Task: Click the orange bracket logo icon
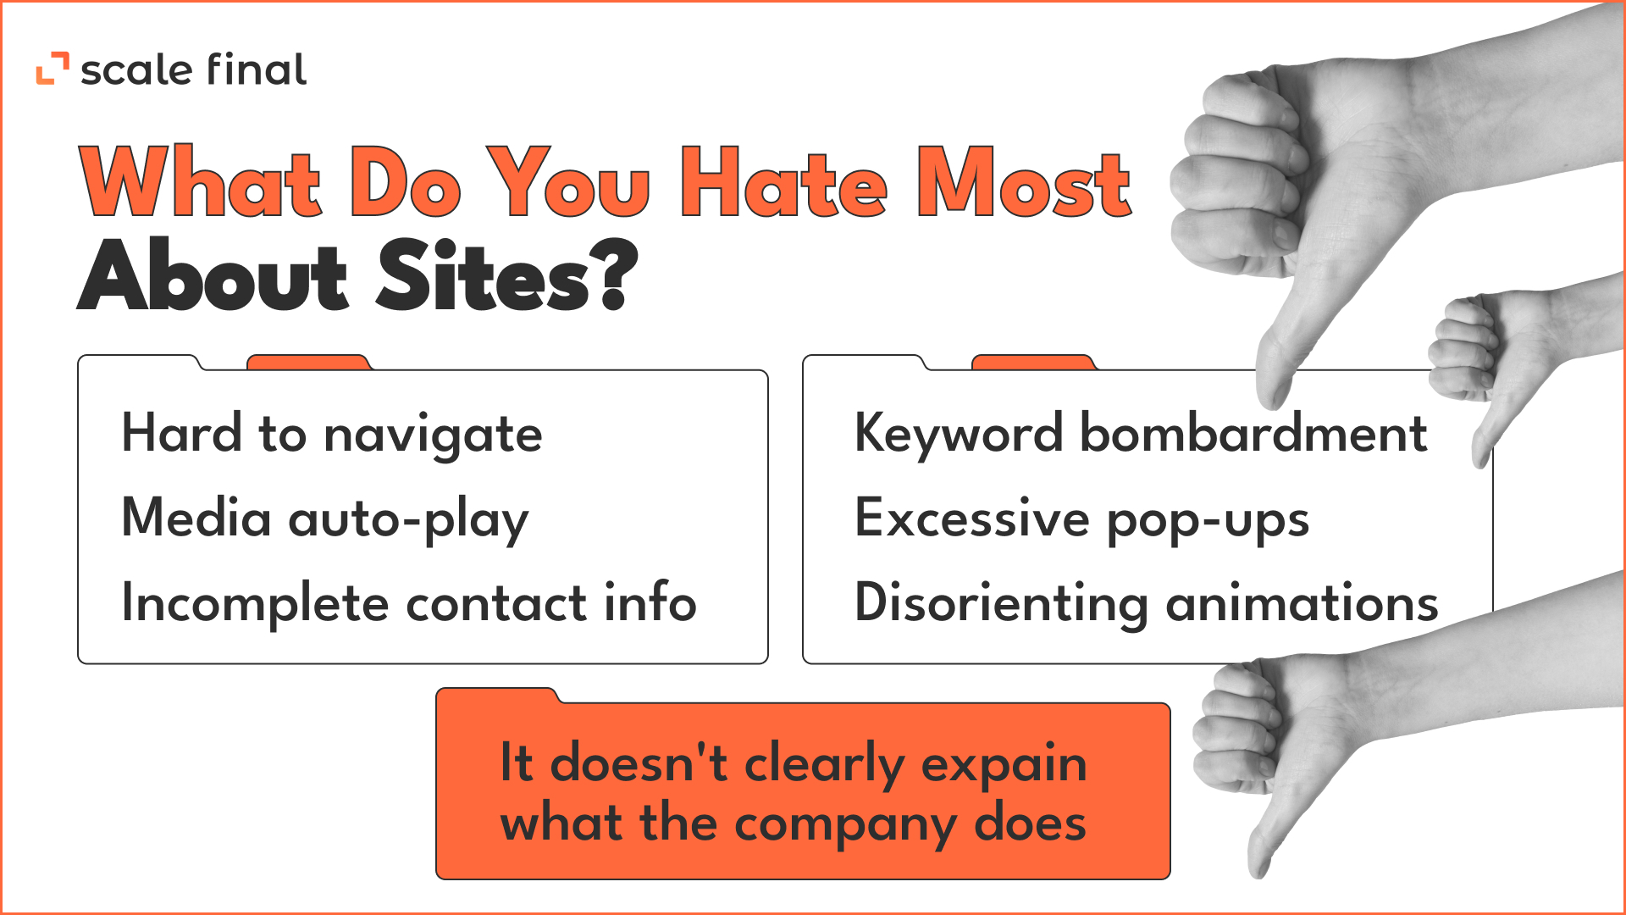pos(53,69)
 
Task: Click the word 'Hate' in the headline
pos(783,181)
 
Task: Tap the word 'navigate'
pos(433,435)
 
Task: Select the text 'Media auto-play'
pos(325,519)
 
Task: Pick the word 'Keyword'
pos(959,435)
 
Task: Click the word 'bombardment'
pos(1254,433)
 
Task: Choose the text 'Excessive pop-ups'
pos(1082,519)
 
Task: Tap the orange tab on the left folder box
pos(309,363)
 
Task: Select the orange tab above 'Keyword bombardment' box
pos(1034,363)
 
